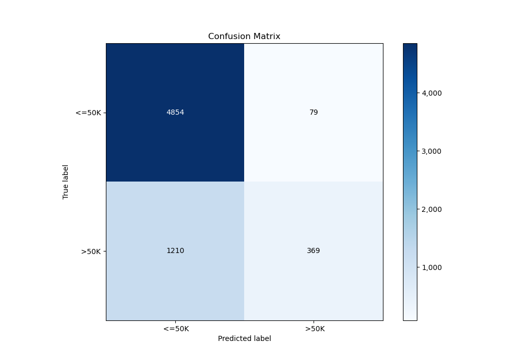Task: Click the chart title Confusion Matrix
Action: pyautogui.click(x=244, y=37)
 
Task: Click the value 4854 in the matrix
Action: pyautogui.click(x=175, y=113)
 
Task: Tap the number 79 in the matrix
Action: pyautogui.click(x=314, y=113)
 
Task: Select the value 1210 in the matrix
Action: pyautogui.click(x=175, y=251)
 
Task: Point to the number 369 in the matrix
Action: pyautogui.click(x=314, y=251)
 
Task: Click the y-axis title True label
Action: pyautogui.click(x=66, y=182)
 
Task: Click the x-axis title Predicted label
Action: pyautogui.click(x=244, y=338)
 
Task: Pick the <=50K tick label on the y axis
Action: pyautogui.click(x=88, y=113)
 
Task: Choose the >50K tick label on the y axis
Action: pyautogui.click(x=91, y=251)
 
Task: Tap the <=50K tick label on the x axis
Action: pyautogui.click(x=175, y=329)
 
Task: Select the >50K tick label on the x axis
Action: pyautogui.click(x=314, y=329)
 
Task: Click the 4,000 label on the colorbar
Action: pyautogui.click(x=432, y=93)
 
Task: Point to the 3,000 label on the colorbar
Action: pyautogui.click(x=432, y=151)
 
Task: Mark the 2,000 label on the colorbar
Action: pyautogui.click(x=432, y=209)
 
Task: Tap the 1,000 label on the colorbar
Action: pyautogui.click(x=432, y=267)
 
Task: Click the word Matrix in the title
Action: pyautogui.click(x=267, y=37)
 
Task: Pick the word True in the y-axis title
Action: pyautogui.click(x=66, y=192)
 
